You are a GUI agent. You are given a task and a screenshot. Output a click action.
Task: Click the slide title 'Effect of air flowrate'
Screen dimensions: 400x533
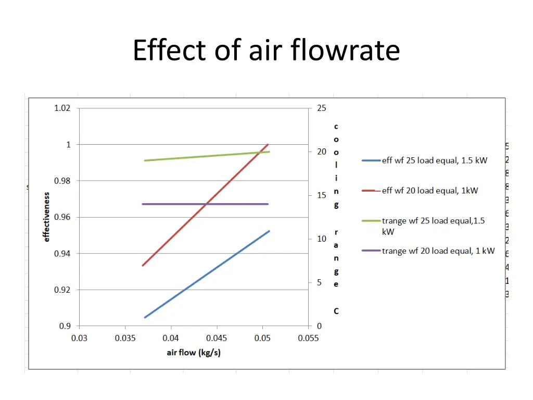(266, 51)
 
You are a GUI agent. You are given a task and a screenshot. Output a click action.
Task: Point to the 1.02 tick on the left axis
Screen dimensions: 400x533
(62, 108)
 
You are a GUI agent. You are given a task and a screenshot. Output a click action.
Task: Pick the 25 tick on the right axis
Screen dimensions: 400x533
(322, 108)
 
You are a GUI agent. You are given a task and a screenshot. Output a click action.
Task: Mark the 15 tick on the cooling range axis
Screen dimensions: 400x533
(322, 195)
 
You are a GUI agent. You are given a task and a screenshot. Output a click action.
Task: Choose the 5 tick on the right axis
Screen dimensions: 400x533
(320, 282)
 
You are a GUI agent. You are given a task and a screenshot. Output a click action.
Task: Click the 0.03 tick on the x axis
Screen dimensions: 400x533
(79, 338)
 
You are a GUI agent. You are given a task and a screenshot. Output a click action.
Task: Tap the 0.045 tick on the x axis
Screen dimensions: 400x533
(217, 338)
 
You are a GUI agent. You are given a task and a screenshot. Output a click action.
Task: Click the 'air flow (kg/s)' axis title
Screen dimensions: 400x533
(194, 353)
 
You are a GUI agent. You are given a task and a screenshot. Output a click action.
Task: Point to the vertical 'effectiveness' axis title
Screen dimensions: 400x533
(46, 217)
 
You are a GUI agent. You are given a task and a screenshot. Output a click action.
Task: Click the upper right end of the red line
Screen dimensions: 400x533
(268, 144)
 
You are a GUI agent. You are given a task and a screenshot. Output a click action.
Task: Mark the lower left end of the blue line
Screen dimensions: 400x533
(145, 317)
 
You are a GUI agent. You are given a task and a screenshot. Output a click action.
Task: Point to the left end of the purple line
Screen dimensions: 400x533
(143, 204)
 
